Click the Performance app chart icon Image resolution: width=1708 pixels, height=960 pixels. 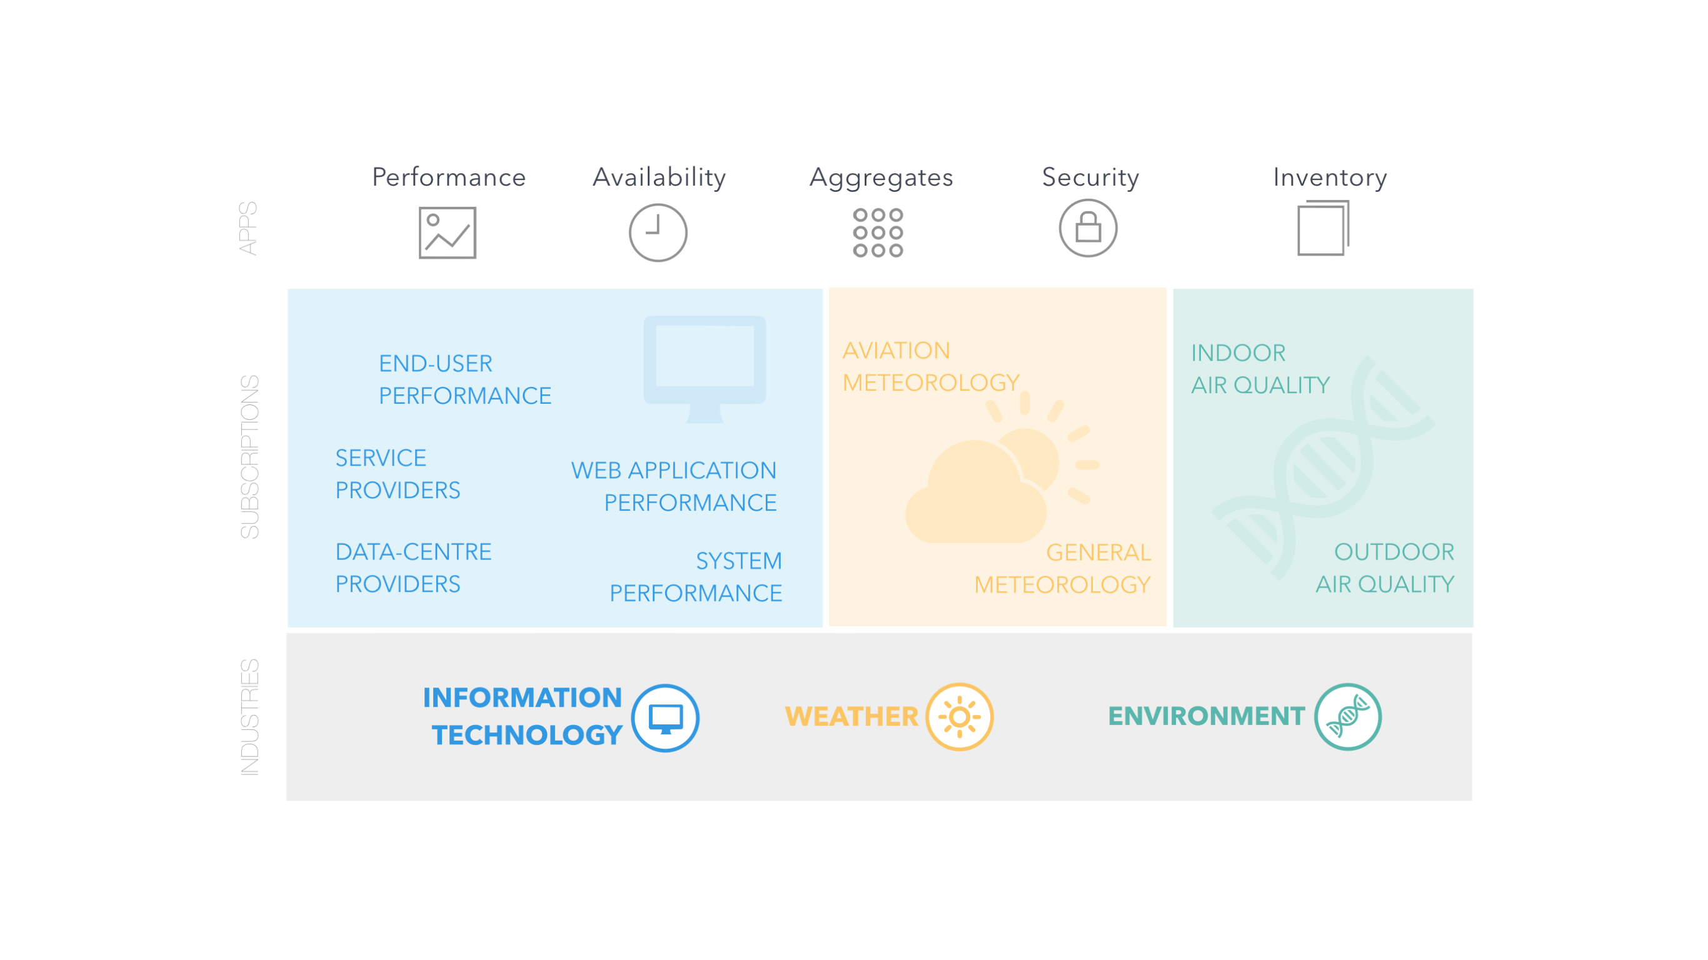click(x=448, y=232)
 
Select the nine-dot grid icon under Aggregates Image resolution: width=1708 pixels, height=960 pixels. click(x=878, y=232)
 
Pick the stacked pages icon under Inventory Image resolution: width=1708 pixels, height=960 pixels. click(x=1324, y=228)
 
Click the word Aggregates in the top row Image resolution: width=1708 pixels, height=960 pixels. click(x=881, y=177)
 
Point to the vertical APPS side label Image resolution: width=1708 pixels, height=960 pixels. click(x=248, y=228)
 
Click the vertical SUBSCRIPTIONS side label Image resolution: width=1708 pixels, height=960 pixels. click(x=249, y=457)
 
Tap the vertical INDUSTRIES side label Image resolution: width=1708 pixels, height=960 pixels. click(x=249, y=717)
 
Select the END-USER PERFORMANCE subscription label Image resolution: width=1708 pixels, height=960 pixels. click(x=465, y=379)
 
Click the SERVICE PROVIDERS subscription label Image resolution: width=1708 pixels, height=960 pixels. click(x=397, y=474)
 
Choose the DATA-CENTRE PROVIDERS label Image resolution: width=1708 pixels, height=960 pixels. click(x=413, y=568)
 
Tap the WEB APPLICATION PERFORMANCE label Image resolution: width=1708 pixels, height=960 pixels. click(x=674, y=487)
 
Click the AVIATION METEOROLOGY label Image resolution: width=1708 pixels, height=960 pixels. click(x=931, y=367)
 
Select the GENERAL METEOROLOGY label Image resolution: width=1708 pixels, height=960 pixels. click(x=1062, y=569)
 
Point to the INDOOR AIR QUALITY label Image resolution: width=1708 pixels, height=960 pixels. click(x=1260, y=369)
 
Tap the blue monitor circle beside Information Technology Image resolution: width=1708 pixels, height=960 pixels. click(x=665, y=718)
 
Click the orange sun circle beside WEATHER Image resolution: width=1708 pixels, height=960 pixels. click(x=960, y=717)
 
